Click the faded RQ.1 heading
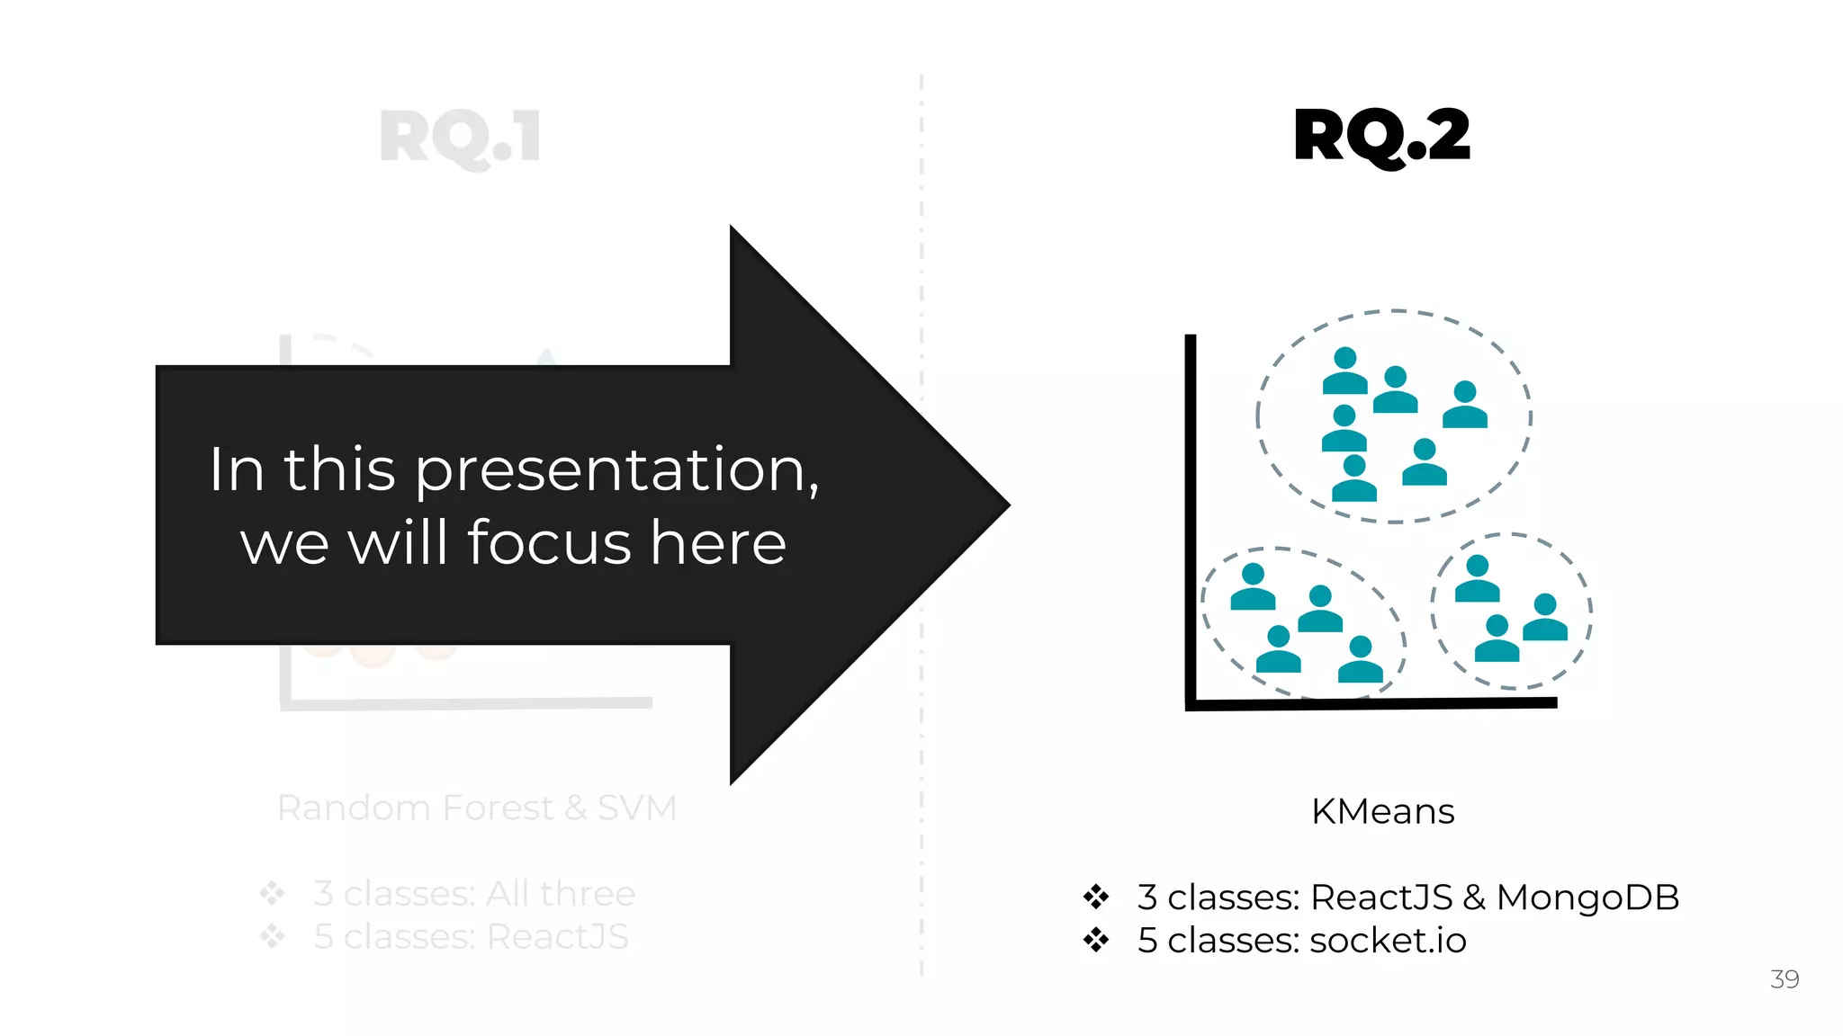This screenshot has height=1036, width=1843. tap(460, 137)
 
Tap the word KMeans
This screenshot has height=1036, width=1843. tap(1382, 811)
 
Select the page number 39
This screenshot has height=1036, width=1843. tap(1785, 978)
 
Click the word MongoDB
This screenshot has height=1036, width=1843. tap(1587, 898)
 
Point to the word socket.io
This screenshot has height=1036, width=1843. tap(1388, 941)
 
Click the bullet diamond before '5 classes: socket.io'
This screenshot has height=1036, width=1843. tap(1096, 941)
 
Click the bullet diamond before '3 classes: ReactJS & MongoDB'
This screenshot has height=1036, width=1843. tap(1096, 897)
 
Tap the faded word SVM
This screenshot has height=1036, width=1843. tap(637, 808)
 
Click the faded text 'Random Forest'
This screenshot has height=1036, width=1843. tap(415, 808)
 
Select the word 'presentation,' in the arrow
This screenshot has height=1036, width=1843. tap(617, 470)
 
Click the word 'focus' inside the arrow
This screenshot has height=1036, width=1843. tap(549, 543)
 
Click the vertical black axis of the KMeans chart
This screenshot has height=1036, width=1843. tap(1191, 522)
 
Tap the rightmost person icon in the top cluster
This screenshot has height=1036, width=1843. tap(1465, 405)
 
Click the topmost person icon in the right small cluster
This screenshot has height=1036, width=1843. tap(1478, 579)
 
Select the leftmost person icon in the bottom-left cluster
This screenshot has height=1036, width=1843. tap(1253, 587)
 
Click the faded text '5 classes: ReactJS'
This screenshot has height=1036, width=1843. tap(471, 937)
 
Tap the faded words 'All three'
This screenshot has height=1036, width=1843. tap(560, 894)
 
